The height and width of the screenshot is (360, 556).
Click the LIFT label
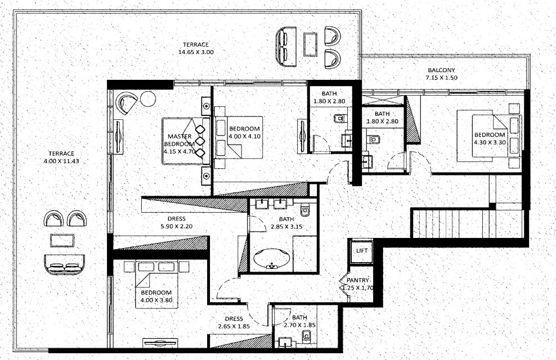click(x=362, y=251)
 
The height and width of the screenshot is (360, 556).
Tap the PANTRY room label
click(x=358, y=280)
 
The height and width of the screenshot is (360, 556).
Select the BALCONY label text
click(x=441, y=70)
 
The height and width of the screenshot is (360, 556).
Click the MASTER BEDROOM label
click(x=180, y=140)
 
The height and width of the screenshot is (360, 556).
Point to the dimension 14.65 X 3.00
click(x=196, y=52)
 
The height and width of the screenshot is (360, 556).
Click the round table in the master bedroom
click(x=148, y=98)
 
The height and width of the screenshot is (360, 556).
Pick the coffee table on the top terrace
click(x=310, y=44)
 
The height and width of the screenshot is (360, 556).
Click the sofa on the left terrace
click(x=64, y=264)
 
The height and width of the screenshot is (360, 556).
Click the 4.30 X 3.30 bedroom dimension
click(x=490, y=142)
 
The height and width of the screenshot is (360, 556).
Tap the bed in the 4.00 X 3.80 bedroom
click(x=156, y=285)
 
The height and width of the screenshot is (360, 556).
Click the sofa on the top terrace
click(x=286, y=47)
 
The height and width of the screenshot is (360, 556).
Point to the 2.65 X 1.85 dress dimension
click(x=234, y=326)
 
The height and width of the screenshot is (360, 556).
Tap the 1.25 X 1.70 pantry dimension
click(x=358, y=287)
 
